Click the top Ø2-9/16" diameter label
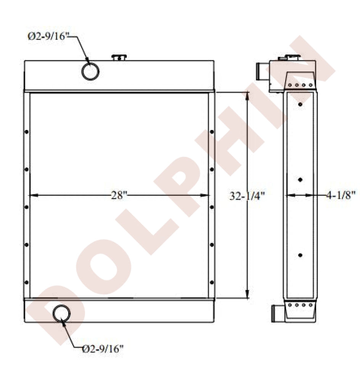48,37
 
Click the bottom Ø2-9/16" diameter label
103,348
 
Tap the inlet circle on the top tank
90,71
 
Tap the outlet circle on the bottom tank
62,313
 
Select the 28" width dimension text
119,195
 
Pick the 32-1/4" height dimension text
247,195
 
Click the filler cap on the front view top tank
119,58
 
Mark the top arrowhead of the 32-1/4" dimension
248,96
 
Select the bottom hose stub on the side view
277,313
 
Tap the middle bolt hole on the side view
301,179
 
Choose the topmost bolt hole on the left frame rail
27,132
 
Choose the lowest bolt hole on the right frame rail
212,282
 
